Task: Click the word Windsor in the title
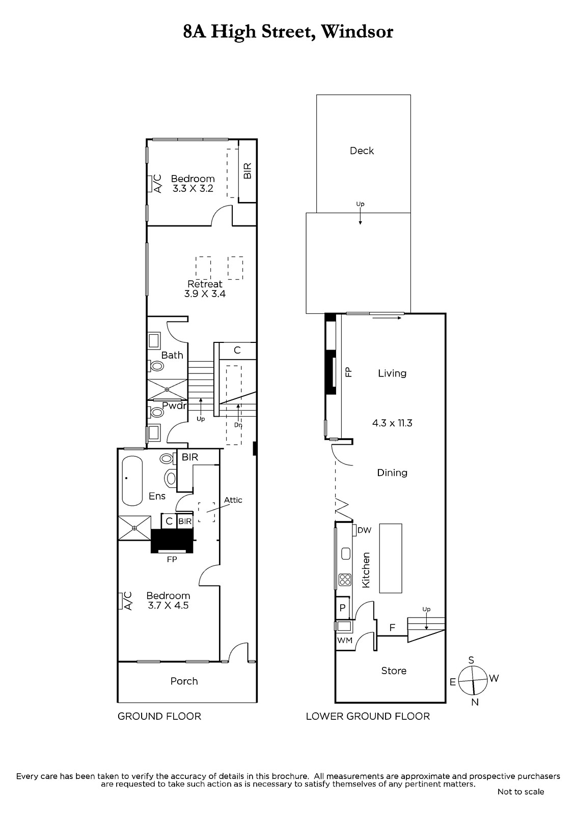(x=356, y=32)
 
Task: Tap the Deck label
(x=362, y=151)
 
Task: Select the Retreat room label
(x=205, y=284)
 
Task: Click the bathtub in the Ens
(x=132, y=481)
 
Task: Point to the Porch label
(x=184, y=681)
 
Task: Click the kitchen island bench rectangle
(x=391, y=558)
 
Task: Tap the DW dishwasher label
(x=364, y=530)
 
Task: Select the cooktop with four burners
(x=345, y=579)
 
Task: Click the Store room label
(x=394, y=671)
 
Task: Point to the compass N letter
(x=475, y=703)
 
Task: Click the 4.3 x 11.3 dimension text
(x=392, y=423)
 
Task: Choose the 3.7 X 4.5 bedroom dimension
(x=168, y=605)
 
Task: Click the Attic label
(x=233, y=500)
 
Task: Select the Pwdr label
(x=174, y=405)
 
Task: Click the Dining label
(x=392, y=473)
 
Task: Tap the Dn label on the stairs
(x=238, y=425)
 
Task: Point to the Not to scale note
(x=520, y=792)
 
